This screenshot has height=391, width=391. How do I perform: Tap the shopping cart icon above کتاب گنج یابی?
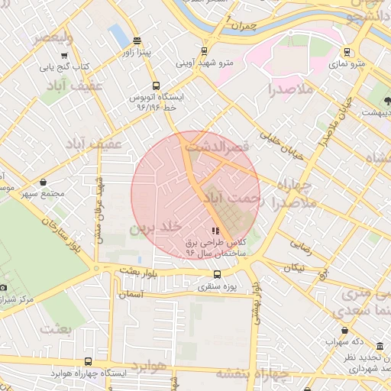point(65,55)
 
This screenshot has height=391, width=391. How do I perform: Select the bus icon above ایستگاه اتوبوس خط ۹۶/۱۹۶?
point(156,86)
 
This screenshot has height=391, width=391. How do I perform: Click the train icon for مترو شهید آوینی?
point(204,52)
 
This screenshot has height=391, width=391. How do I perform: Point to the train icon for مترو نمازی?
point(347,53)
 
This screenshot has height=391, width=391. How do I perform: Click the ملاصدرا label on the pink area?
point(291,90)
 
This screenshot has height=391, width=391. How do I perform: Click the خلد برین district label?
point(156,227)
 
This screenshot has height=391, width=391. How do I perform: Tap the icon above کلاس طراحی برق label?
point(215,230)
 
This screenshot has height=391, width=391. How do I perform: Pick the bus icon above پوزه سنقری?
point(218,275)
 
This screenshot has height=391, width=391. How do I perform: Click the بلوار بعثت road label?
point(139,271)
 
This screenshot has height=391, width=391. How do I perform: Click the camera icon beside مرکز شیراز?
point(3,287)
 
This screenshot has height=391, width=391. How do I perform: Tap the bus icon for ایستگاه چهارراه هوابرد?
point(88,362)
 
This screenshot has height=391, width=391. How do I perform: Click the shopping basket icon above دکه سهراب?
point(345,331)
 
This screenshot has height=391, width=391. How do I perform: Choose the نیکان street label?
point(294,267)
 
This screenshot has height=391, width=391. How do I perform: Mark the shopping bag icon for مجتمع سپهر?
point(43,183)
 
